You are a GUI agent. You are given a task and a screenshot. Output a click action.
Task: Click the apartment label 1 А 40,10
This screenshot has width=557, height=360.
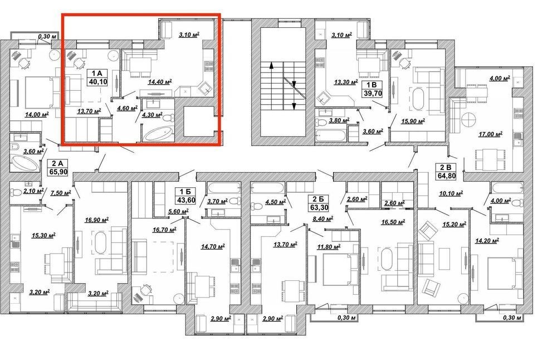pyautogui.click(x=97, y=77)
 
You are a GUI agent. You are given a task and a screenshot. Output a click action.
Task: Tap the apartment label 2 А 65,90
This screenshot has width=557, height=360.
pyautogui.click(x=57, y=168)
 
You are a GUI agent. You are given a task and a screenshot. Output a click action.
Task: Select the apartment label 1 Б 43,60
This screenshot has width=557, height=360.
pyautogui.click(x=186, y=196)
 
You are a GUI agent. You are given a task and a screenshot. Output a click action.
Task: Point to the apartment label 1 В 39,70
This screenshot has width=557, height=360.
pyautogui.click(x=372, y=89)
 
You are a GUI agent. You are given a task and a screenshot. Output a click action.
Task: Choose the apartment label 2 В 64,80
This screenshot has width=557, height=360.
pyautogui.click(x=446, y=171)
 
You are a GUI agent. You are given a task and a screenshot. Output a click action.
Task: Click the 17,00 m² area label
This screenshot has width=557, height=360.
pyautogui.click(x=490, y=134)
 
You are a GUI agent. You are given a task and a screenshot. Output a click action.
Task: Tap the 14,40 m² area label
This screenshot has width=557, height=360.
pyautogui.click(x=160, y=82)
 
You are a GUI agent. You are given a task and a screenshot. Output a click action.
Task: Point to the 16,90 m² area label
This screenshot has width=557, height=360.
pyautogui.click(x=96, y=220)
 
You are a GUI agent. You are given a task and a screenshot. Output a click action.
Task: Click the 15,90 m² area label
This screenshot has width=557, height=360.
pyautogui.click(x=413, y=121)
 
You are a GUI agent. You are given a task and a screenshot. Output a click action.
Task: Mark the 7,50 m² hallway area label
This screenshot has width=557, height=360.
pyautogui.click(x=61, y=192)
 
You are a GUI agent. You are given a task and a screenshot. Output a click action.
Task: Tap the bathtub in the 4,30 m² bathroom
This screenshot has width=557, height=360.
pyautogui.click(x=159, y=134)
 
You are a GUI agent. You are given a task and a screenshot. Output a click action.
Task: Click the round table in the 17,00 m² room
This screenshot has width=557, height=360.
pyautogui.click(x=470, y=120)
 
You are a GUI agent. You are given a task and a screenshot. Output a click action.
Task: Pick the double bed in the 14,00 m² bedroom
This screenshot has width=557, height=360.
pyautogui.click(x=40, y=92)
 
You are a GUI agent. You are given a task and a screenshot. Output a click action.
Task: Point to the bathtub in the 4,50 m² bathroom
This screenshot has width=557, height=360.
pyautogui.click(x=268, y=188)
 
